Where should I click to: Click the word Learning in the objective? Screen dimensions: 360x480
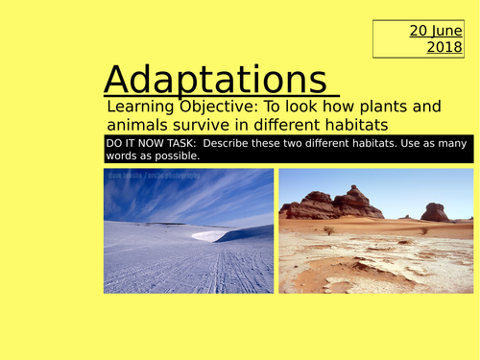coord(140,107)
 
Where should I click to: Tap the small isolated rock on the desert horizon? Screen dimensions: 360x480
coord(437,212)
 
